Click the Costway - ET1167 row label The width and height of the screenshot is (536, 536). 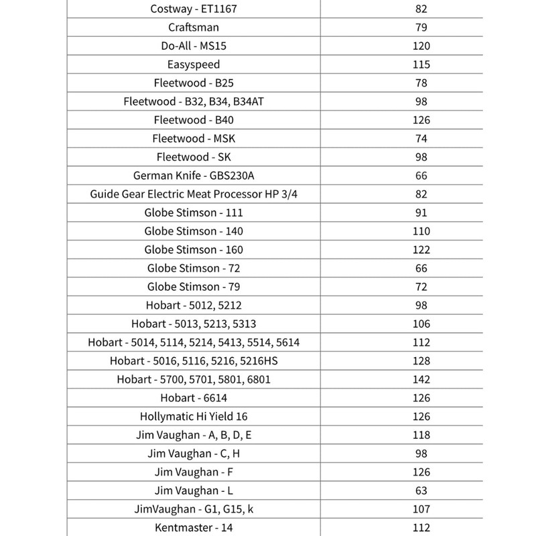click(194, 9)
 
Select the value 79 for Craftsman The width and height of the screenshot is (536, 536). click(421, 28)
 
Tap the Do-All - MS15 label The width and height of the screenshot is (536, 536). click(194, 46)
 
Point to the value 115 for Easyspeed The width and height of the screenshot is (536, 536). click(421, 65)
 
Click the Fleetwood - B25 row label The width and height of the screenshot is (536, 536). click(194, 83)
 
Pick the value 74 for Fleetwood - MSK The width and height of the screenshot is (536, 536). click(421, 139)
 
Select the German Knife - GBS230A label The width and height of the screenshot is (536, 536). click(194, 176)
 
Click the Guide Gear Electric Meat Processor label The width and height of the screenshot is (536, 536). click(194, 194)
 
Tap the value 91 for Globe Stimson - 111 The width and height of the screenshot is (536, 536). click(421, 213)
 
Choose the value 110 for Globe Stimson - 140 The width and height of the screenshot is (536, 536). click(421, 231)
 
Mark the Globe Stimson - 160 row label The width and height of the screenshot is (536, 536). click(194, 250)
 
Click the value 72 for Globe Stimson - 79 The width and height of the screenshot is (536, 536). click(421, 287)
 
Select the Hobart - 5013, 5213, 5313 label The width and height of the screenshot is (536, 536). click(194, 324)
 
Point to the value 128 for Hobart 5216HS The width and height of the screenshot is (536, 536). click(421, 361)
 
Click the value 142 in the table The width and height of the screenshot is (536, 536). click(421, 379)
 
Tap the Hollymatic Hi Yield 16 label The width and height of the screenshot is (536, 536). click(194, 417)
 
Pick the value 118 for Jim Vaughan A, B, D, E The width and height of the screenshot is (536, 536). click(421, 435)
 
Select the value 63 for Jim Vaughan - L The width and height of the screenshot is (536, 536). click(421, 490)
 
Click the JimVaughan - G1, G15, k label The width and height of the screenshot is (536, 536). click(194, 509)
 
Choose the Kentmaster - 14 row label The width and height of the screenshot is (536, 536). click(194, 527)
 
